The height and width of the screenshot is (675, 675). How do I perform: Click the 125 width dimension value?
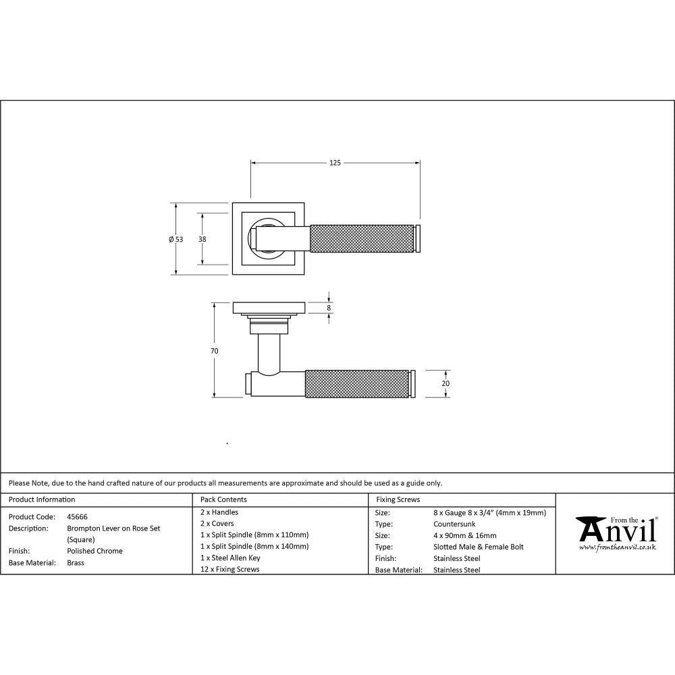(335, 163)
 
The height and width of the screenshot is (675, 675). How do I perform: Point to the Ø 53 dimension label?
(175, 239)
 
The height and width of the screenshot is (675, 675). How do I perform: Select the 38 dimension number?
(202, 239)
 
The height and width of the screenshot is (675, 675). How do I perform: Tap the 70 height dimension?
(215, 351)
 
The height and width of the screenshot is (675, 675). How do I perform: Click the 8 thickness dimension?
(329, 308)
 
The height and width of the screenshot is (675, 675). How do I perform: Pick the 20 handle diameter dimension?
(446, 383)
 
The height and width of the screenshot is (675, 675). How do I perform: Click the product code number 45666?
(77, 516)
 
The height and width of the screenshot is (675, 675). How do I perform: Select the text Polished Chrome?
(94, 551)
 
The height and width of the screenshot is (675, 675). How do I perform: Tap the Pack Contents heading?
(223, 500)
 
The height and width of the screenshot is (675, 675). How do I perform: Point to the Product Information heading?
(42, 500)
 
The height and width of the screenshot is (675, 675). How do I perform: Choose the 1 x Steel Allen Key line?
(230, 558)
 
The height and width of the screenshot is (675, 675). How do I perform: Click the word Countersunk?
(454, 524)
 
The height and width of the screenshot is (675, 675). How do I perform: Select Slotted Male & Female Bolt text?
(478, 547)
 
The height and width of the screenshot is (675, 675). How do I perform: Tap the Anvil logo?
(615, 530)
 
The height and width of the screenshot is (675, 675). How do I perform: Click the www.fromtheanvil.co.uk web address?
(617, 547)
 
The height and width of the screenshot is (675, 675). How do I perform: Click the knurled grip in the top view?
(361, 238)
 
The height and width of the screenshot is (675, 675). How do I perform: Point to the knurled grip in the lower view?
(357, 383)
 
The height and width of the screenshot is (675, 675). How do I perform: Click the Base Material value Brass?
(76, 562)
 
